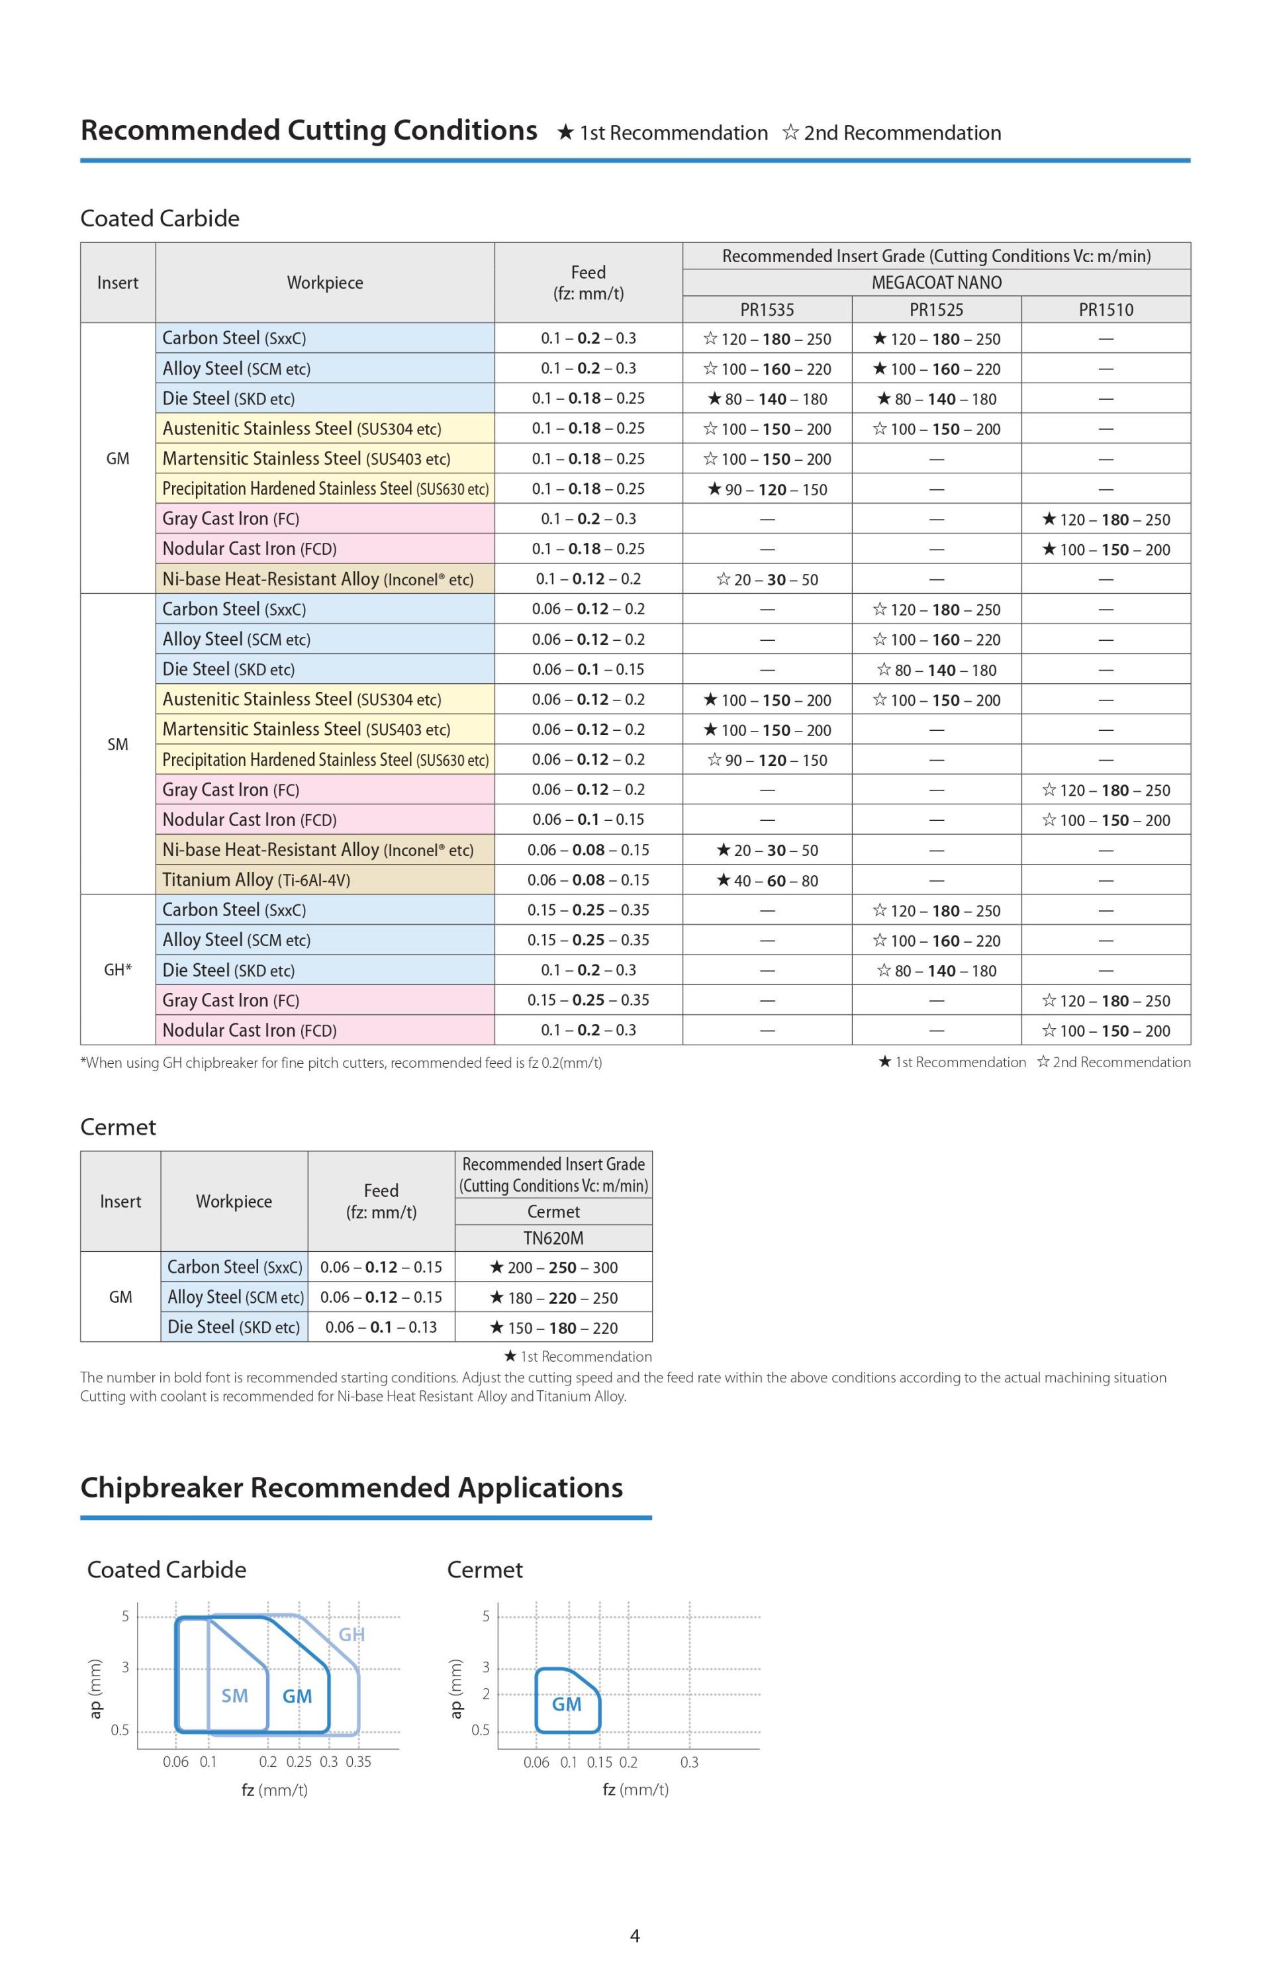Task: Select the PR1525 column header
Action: coord(936,309)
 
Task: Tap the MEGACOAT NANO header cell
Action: coord(936,282)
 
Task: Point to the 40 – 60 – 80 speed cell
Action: coord(767,880)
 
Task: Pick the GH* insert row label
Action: coord(117,969)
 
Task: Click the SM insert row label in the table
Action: coord(117,744)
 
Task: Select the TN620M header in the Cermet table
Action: coord(553,1238)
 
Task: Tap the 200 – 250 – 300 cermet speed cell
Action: coord(553,1267)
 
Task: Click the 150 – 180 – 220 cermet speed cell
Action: coord(553,1327)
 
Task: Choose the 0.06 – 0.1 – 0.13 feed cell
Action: coord(381,1327)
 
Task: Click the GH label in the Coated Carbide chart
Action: coord(352,1634)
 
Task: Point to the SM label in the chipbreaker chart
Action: coord(234,1695)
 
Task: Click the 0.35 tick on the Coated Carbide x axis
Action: coord(358,1762)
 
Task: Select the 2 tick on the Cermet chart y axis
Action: coord(485,1694)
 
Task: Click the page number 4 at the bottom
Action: coord(635,1935)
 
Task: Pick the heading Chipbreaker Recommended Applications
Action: coord(351,1487)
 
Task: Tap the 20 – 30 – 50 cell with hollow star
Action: coord(767,579)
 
